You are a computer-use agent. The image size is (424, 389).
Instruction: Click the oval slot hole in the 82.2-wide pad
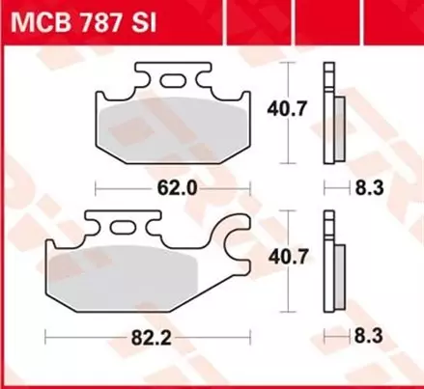click(124, 228)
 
